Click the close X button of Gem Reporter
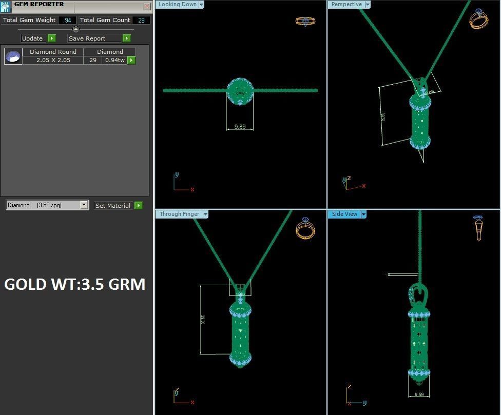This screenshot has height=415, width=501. pyautogui.click(x=147, y=7)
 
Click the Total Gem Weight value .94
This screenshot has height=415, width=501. pyautogui.click(x=67, y=21)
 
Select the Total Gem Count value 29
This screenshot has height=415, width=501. pyautogui.click(x=141, y=21)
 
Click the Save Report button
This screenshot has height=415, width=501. pyautogui.click(x=99, y=38)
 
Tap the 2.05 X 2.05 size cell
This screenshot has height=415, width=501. pyautogui.click(x=53, y=60)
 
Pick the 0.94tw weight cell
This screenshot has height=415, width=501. pyautogui.click(x=114, y=60)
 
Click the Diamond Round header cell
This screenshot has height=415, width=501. pyautogui.click(x=53, y=52)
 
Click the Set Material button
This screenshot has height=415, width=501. pyautogui.click(x=118, y=206)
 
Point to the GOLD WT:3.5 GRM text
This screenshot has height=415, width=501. pyautogui.click(x=74, y=284)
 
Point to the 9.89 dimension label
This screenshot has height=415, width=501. pyautogui.click(x=240, y=126)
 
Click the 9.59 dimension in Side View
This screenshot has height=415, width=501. pyautogui.click(x=419, y=394)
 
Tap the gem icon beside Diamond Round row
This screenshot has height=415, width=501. pyautogui.click(x=13, y=56)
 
